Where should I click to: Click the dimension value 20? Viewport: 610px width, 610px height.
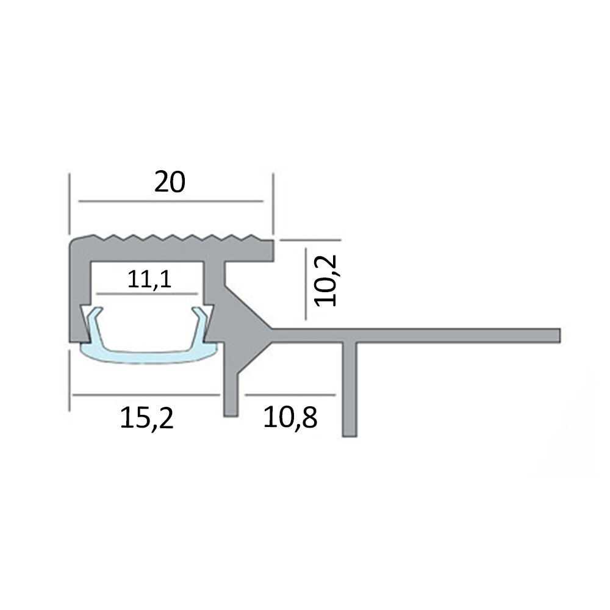tap(169, 182)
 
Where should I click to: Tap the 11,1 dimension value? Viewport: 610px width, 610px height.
tap(149, 279)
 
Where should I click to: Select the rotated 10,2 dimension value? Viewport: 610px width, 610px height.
tap(325, 279)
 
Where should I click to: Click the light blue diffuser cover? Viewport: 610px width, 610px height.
tap(149, 357)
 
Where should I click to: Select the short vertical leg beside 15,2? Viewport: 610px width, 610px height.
tap(231, 390)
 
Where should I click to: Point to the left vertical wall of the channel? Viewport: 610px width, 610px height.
tap(79, 293)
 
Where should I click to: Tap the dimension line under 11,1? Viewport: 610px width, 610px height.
tap(149, 293)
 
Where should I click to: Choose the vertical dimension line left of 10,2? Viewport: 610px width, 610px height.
tap(306, 279)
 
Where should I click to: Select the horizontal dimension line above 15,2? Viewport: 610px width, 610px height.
tap(146, 395)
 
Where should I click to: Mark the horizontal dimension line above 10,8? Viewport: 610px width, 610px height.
tap(290, 395)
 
